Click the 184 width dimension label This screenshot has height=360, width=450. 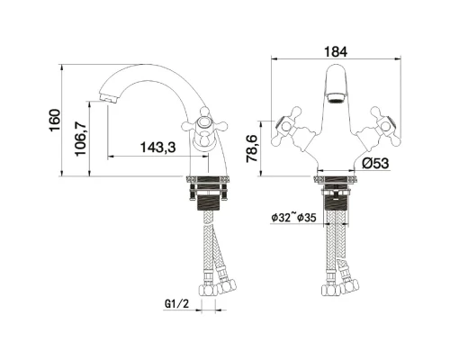point(336,51)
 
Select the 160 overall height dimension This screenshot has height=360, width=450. point(55,121)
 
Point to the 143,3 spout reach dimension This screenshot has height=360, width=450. point(157,148)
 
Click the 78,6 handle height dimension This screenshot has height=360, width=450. point(252,148)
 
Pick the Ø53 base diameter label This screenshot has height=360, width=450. point(375,164)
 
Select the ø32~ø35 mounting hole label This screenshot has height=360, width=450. point(293,217)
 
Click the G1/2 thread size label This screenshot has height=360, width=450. point(177,304)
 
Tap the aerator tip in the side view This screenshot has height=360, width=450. point(108,98)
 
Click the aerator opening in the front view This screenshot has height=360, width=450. point(337,98)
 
